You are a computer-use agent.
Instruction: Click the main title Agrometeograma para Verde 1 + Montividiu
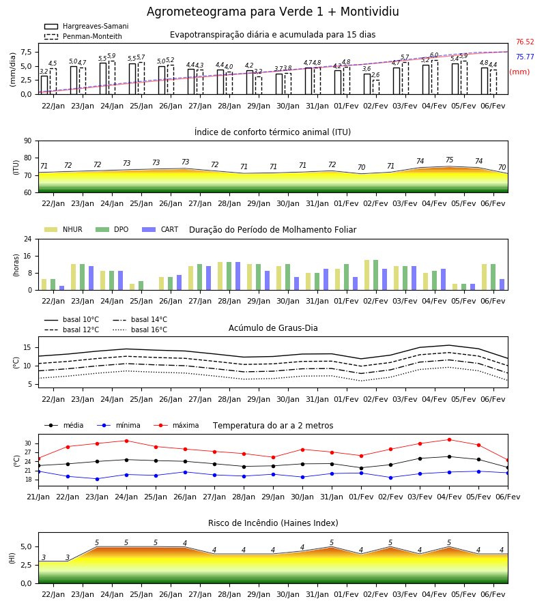(x=272, y=12)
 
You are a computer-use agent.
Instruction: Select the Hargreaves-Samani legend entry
(x=86, y=26)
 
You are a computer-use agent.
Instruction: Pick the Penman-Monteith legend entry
(x=83, y=36)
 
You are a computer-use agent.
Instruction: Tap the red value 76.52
(x=525, y=42)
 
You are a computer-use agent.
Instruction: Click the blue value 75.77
(x=525, y=57)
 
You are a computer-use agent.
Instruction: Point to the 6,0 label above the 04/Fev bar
(x=434, y=55)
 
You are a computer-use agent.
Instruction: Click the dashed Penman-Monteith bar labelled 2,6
(x=376, y=87)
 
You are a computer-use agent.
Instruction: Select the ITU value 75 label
(x=449, y=160)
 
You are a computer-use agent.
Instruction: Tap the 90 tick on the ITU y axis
(x=28, y=141)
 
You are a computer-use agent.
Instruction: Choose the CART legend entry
(x=160, y=229)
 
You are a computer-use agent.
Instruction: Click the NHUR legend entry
(x=63, y=229)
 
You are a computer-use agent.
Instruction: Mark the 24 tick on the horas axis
(x=28, y=239)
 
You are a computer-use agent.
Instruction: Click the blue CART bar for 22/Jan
(x=62, y=288)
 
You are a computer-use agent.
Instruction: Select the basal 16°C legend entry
(x=140, y=330)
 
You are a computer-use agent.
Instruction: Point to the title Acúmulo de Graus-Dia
(x=273, y=327)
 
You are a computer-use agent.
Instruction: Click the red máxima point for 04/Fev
(x=449, y=440)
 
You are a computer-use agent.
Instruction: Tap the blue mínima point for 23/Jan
(x=97, y=479)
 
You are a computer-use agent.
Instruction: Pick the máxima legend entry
(x=177, y=425)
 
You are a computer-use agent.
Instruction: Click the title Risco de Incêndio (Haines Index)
(x=273, y=523)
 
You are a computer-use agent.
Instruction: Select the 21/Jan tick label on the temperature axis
(x=38, y=497)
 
